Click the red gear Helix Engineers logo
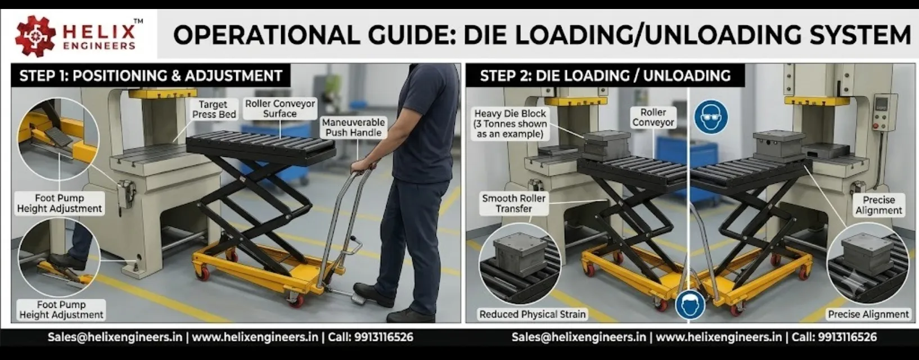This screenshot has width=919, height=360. [35, 35]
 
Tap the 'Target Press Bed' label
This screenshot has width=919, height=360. [214, 109]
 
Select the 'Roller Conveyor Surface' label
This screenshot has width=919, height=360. [280, 109]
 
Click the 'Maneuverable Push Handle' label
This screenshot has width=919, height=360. [353, 127]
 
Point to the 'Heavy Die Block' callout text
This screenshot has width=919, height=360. [510, 124]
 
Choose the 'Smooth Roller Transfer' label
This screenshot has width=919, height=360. [513, 203]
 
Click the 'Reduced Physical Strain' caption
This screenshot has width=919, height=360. [532, 314]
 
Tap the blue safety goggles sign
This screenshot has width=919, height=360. [711, 116]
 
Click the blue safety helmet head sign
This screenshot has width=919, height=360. [690, 304]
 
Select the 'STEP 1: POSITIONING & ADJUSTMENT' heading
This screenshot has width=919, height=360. [151, 76]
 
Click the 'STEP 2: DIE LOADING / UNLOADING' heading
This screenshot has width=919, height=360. [605, 76]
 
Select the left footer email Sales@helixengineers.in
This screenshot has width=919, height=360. [115, 337]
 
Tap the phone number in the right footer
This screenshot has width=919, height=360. [847, 337]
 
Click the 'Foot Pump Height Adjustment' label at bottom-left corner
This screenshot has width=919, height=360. [61, 309]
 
